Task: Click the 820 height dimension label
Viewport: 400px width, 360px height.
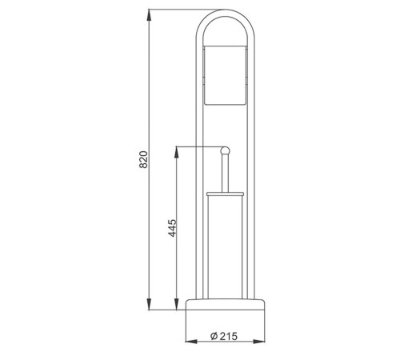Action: point(143,159)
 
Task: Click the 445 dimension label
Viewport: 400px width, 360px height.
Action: point(172,228)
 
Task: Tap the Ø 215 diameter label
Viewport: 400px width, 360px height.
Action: point(224,336)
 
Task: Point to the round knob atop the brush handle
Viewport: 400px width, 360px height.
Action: point(225,150)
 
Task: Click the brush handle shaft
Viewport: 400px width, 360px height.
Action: point(225,173)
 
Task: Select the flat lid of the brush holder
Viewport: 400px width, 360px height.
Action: point(225,194)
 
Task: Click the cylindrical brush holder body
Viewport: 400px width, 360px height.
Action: point(225,247)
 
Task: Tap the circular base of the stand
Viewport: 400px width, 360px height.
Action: point(225,304)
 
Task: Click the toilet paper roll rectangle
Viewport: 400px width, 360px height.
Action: point(225,75)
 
